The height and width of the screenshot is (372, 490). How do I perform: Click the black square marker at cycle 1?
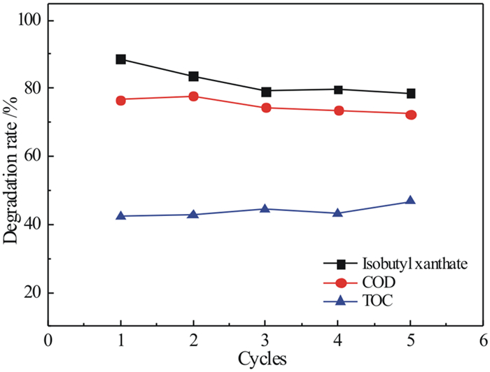(121, 59)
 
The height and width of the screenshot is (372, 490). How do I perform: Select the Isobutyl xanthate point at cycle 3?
(266, 92)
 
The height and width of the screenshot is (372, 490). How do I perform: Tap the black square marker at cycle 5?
(411, 94)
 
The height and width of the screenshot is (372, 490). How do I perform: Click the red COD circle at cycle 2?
(194, 96)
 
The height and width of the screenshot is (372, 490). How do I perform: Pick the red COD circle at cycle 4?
(339, 110)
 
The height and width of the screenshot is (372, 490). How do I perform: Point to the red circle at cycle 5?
(411, 114)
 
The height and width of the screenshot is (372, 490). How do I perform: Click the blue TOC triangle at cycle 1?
(121, 216)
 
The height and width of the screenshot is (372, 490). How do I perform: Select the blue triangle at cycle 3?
(266, 208)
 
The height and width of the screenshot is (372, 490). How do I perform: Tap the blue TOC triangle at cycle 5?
(411, 201)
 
